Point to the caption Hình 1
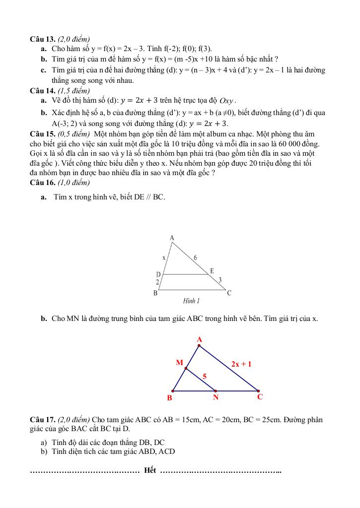(x=191, y=301)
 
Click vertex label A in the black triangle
(x=172, y=238)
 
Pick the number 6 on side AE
(x=195, y=257)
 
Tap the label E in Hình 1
(x=212, y=271)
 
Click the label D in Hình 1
(x=158, y=274)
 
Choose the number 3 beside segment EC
(x=220, y=280)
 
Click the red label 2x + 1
(x=241, y=364)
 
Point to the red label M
(x=179, y=363)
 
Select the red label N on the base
(x=216, y=397)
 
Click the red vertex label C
(x=260, y=397)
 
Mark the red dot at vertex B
(x=173, y=390)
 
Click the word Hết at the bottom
(x=150, y=470)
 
